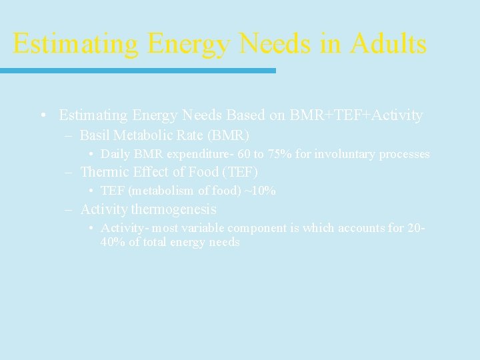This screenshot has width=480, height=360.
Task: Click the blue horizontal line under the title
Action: tap(137, 70)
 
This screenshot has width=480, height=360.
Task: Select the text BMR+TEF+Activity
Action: tap(356, 115)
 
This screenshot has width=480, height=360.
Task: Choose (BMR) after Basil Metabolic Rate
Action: tap(229, 135)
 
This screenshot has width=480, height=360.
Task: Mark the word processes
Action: tap(404, 154)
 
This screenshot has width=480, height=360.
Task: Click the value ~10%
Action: tap(260, 191)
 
